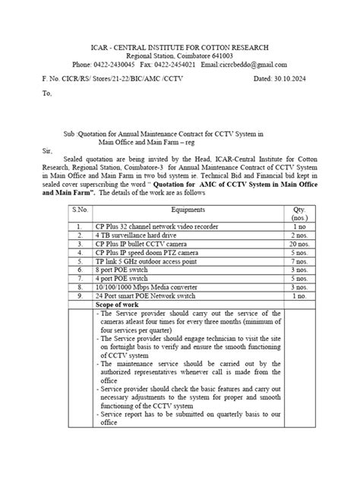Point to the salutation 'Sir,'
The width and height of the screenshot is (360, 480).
tap(48, 151)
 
